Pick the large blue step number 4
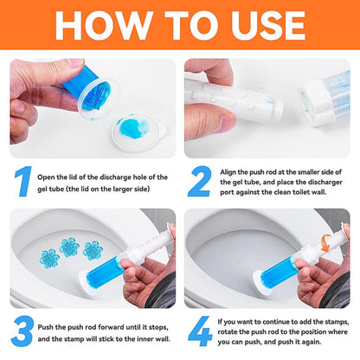click(200, 331)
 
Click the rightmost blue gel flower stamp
click(93, 251)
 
